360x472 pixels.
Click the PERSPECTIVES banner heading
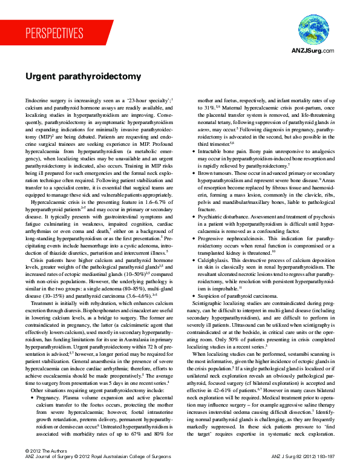click(54, 33)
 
